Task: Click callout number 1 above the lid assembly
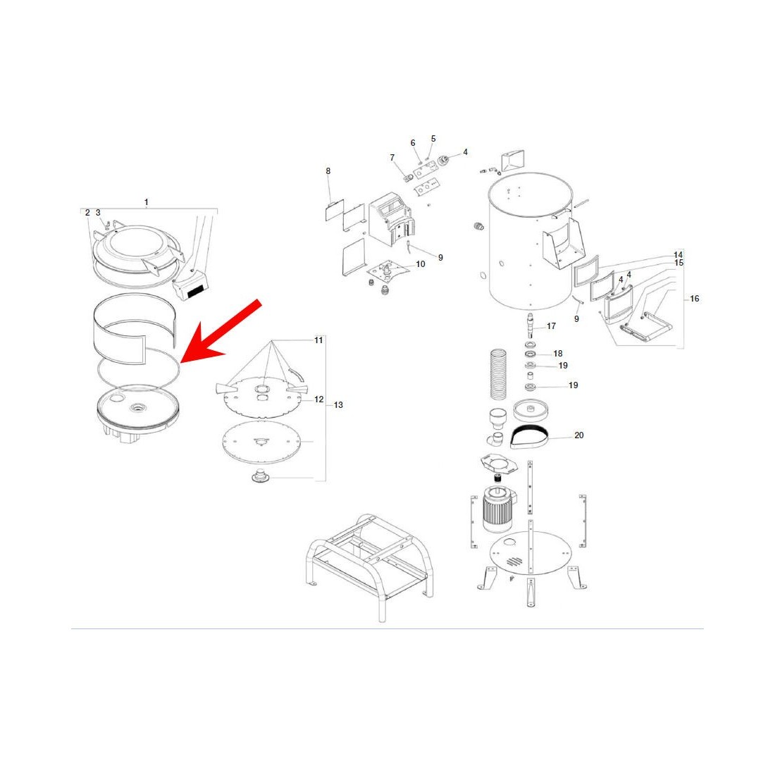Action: pos(147,202)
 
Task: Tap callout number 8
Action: pos(328,171)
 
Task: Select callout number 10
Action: pos(421,264)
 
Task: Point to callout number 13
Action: pos(338,405)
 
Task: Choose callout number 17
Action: pos(551,326)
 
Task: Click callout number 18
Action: pos(558,354)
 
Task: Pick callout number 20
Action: pos(578,435)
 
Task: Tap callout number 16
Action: pos(695,299)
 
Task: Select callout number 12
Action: pos(318,399)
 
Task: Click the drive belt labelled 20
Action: pos(529,437)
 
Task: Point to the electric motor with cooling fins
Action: pos(498,509)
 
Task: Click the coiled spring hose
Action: pos(498,374)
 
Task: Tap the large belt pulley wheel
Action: pos(531,410)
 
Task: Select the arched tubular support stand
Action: pos(370,566)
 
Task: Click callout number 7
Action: pos(392,158)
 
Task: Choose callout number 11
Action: pos(318,340)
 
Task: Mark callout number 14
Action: pos(678,255)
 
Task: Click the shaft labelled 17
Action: pos(531,325)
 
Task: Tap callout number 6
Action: pos(413,143)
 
